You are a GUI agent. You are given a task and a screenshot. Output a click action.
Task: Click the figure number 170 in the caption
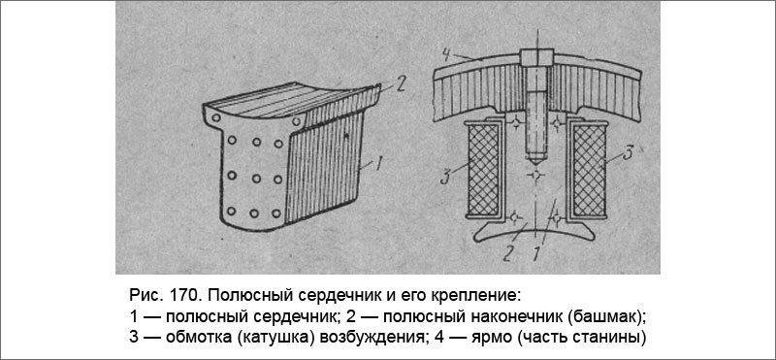[x=178, y=294]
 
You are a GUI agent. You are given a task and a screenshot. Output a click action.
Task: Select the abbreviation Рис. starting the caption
[x=142, y=294]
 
